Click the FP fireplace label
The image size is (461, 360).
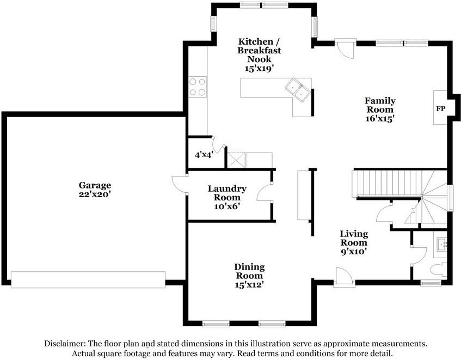click(x=440, y=108)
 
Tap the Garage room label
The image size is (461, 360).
click(x=95, y=185)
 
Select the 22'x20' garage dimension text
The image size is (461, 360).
click(x=95, y=194)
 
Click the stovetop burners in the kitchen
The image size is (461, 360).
click(x=198, y=87)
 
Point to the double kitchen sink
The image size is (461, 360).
click(x=297, y=90)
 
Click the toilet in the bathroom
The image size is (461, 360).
click(x=438, y=269)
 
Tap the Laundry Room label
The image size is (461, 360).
click(x=227, y=193)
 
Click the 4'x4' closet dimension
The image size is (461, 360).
click(x=204, y=155)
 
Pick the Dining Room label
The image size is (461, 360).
click(x=249, y=271)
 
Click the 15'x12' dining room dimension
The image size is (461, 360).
click(x=249, y=284)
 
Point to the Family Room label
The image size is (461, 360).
click(x=380, y=105)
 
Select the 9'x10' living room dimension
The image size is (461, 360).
click(x=354, y=252)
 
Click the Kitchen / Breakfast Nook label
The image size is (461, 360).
click(x=259, y=50)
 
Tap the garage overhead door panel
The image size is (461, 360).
click(x=88, y=279)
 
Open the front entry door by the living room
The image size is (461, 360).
click(x=343, y=277)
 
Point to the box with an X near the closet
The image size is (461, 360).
click(x=236, y=160)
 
